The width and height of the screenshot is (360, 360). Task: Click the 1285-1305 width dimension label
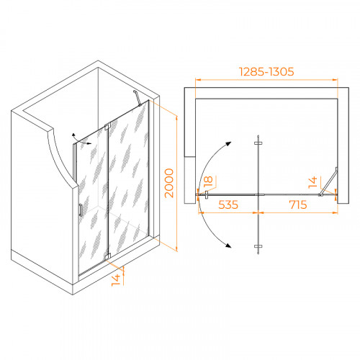coord(266,72)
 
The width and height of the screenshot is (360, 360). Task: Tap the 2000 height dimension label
coord(169,183)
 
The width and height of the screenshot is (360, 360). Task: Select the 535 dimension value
coord(228,204)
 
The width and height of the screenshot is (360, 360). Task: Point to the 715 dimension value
coord(298,204)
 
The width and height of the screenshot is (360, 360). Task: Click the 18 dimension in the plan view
coord(208,181)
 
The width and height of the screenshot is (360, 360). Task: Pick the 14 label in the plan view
coord(312,182)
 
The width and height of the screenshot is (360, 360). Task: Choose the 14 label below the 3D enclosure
coord(116,280)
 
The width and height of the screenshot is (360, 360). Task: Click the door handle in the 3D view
coord(81,210)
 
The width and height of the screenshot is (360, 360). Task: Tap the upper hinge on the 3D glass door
coord(107,127)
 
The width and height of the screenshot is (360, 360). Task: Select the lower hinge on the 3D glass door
coord(107,256)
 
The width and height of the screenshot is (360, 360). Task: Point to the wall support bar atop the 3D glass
coord(137,98)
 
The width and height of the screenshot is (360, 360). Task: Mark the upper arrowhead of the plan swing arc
coord(228,144)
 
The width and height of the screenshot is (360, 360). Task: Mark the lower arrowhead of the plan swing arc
coord(228,245)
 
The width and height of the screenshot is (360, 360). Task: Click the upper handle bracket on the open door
coord(258,143)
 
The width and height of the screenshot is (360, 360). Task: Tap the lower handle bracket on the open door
coord(258,246)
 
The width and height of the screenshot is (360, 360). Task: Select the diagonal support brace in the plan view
coord(328,181)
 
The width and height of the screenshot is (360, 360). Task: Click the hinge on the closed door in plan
coord(207,194)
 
